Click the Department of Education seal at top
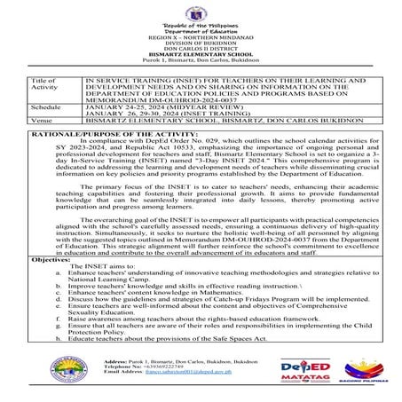pos(200,12)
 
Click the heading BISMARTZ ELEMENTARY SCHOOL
pos(200,53)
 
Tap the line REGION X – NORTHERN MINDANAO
pos(200,38)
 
